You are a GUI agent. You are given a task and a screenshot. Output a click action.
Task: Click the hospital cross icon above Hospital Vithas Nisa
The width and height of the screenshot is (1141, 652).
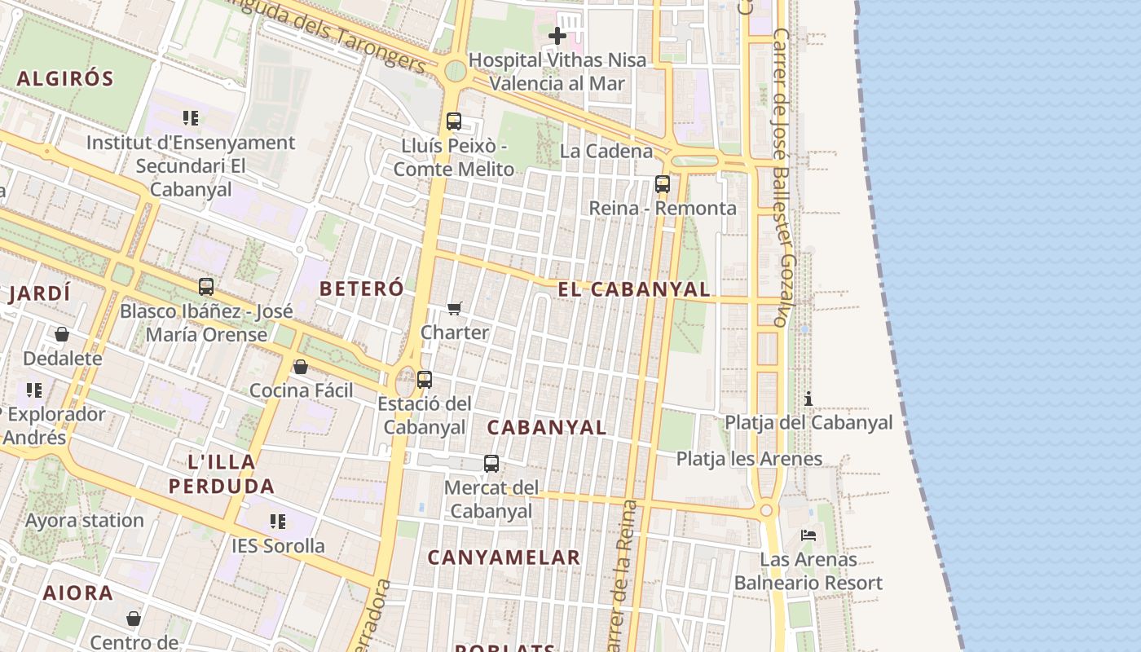point(557,36)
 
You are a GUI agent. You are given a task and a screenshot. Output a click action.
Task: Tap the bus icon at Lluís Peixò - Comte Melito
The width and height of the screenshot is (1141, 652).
point(454,121)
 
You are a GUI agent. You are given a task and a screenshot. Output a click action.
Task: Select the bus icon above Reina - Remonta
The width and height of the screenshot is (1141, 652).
point(663,184)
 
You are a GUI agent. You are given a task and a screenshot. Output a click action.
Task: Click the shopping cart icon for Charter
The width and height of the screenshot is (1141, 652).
point(455,308)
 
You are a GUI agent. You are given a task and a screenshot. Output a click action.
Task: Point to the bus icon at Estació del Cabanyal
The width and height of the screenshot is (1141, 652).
point(425,380)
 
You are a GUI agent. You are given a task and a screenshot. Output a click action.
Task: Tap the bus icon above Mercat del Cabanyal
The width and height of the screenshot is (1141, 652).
point(491,464)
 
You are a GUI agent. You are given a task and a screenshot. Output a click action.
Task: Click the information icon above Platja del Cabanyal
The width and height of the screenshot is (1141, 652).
point(808,399)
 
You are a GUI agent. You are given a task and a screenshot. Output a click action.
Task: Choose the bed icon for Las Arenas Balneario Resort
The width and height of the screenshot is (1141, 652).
point(808,535)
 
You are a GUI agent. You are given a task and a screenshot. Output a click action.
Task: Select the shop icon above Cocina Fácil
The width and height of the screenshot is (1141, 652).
point(301,367)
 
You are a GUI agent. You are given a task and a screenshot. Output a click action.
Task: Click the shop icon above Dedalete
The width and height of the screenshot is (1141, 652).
point(62,334)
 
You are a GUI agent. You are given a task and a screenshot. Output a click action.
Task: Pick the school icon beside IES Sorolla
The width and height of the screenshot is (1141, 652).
point(278,521)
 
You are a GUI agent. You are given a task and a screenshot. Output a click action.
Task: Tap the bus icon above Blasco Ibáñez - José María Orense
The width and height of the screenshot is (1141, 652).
point(206,287)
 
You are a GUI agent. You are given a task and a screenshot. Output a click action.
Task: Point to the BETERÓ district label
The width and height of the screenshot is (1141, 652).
point(361,289)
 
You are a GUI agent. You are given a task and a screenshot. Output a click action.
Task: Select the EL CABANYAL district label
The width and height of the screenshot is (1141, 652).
point(634,289)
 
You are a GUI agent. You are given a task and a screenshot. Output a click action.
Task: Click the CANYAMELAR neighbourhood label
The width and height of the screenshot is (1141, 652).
point(504,557)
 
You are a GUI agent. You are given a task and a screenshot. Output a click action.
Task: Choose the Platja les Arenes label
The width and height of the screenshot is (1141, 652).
point(749,459)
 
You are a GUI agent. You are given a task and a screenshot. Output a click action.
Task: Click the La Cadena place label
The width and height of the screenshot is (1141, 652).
point(606,151)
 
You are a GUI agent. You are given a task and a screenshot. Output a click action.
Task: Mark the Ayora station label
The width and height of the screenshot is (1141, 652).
point(85,520)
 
